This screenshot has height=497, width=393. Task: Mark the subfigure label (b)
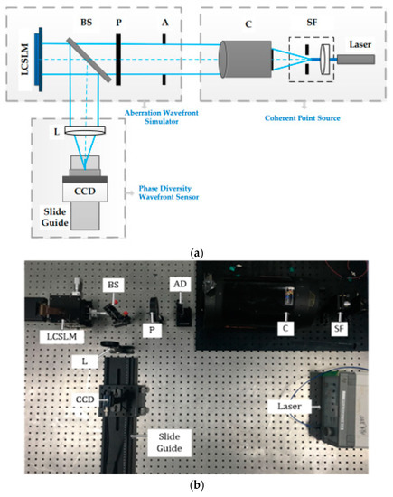[196, 484]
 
